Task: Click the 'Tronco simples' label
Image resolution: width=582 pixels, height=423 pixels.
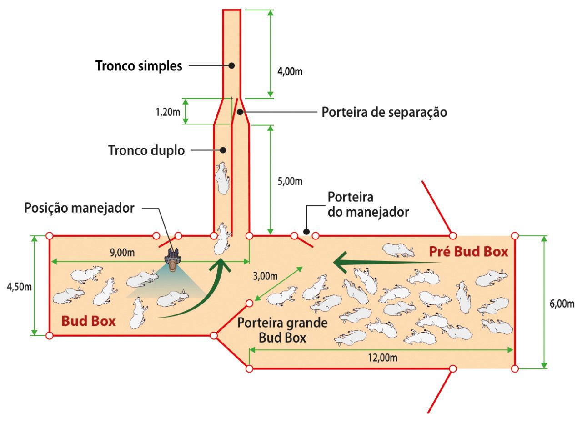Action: [139, 66]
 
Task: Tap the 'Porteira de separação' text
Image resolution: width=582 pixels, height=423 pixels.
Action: [384, 112]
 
